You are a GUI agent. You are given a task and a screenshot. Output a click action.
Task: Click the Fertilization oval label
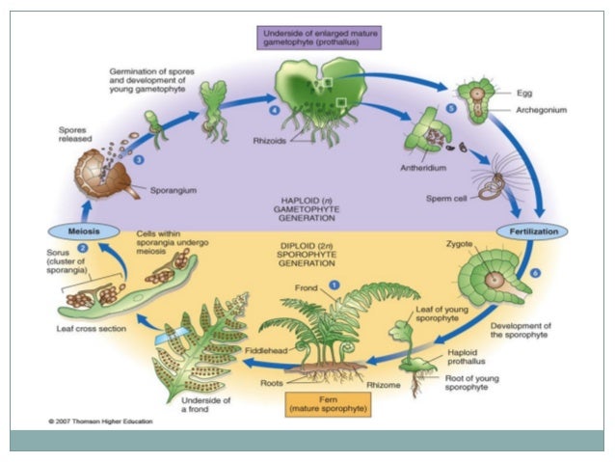point(532,232)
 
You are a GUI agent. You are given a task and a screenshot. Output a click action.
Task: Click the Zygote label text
point(460,246)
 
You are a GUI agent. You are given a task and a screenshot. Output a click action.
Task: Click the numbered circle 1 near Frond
point(334,285)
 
